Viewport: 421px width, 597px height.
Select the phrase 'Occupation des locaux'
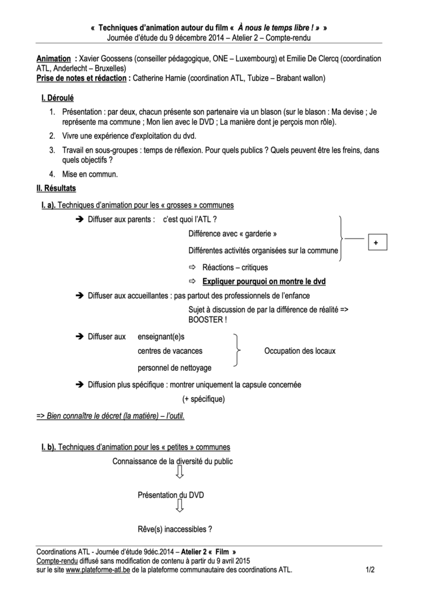point(300,351)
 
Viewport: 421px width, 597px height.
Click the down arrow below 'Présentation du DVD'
point(180,507)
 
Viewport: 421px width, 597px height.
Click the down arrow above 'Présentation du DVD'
point(180,473)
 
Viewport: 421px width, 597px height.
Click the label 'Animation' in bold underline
point(54,59)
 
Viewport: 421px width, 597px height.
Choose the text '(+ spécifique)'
point(203,399)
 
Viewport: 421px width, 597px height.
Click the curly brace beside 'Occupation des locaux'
point(236,350)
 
